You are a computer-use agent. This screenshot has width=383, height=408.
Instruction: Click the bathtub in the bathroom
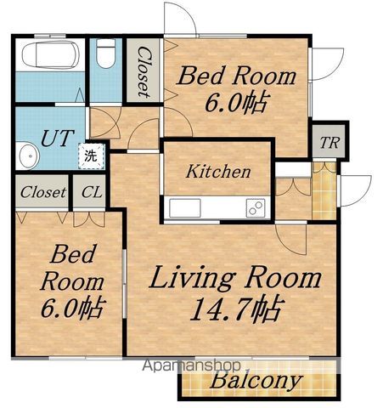pyautogui.click(x=50, y=54)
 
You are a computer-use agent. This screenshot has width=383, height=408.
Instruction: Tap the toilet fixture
pyautogui.click(x=106, y=53)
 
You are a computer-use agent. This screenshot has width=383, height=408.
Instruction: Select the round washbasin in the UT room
pyautogui.click(x=30, y=156)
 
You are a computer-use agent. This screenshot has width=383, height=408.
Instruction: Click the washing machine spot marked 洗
pyautogui.click(x=92, y=156)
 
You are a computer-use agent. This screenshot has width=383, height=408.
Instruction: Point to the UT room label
pyautogui.click(x=58, y=138)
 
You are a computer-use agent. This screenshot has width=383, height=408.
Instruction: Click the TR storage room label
pyautogui.click(x=329, y=143)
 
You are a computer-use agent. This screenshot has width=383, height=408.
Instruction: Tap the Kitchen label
pyautogui.click(x=218, y=171)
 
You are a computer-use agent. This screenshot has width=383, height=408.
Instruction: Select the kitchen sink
pyautogui.click(x=185, y=207)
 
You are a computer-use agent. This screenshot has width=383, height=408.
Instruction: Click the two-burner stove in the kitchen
pyautogui.click(x=256, y=207)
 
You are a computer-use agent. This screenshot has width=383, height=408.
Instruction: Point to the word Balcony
pyautogui.click(x=256, y=381)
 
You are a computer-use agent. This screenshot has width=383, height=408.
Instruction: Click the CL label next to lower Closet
pyautogui.click(x=92, y=192)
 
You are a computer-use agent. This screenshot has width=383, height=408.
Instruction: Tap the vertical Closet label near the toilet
pyautogui.click(x=144, y=72)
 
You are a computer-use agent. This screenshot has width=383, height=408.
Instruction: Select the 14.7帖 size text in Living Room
pyautogui.click(x=237, y=309)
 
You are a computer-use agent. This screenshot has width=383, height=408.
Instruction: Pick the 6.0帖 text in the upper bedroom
pyautogui.click(x=236, y=103)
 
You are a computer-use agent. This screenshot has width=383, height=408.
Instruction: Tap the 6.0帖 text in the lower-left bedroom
pyautogui.click(x=73, y=308)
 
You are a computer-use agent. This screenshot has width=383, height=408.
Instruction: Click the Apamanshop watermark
pyautogui.click(x=191, y=365)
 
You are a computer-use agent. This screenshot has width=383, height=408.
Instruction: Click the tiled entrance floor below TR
pyautogui.click(x=324, y=190)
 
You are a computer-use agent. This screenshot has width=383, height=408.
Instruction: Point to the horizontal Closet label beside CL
pyautogui.click(x=42, y=192)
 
